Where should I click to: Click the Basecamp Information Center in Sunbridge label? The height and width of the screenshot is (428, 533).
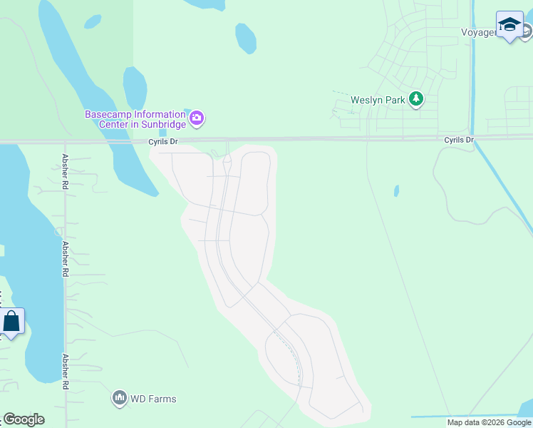(x=135, y=119)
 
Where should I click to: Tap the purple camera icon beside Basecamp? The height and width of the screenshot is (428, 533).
(x=197, y=118)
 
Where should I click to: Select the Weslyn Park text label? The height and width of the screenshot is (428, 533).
(x=378, y=100)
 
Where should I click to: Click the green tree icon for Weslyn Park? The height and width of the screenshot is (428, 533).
(x=416, y=100)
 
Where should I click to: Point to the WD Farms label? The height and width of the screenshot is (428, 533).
(x=153, y=399)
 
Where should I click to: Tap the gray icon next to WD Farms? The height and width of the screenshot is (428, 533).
(x=120, y=398)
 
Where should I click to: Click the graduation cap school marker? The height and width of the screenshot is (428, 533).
(x=509, y=25)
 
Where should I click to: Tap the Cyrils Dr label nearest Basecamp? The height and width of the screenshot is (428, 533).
(x=162, y=142)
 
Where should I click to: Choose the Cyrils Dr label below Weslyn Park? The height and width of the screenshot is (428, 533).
(x=458, y=140)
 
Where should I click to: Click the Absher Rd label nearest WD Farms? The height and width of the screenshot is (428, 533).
(x=66, y=371)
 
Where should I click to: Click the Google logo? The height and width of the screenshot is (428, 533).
(x=24, y=419)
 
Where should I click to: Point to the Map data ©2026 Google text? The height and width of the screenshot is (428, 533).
(x=489, y=422)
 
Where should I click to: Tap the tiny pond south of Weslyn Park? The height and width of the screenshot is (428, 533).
(x=396, y=191)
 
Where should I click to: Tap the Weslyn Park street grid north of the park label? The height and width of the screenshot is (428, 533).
(x=399, y=57)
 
